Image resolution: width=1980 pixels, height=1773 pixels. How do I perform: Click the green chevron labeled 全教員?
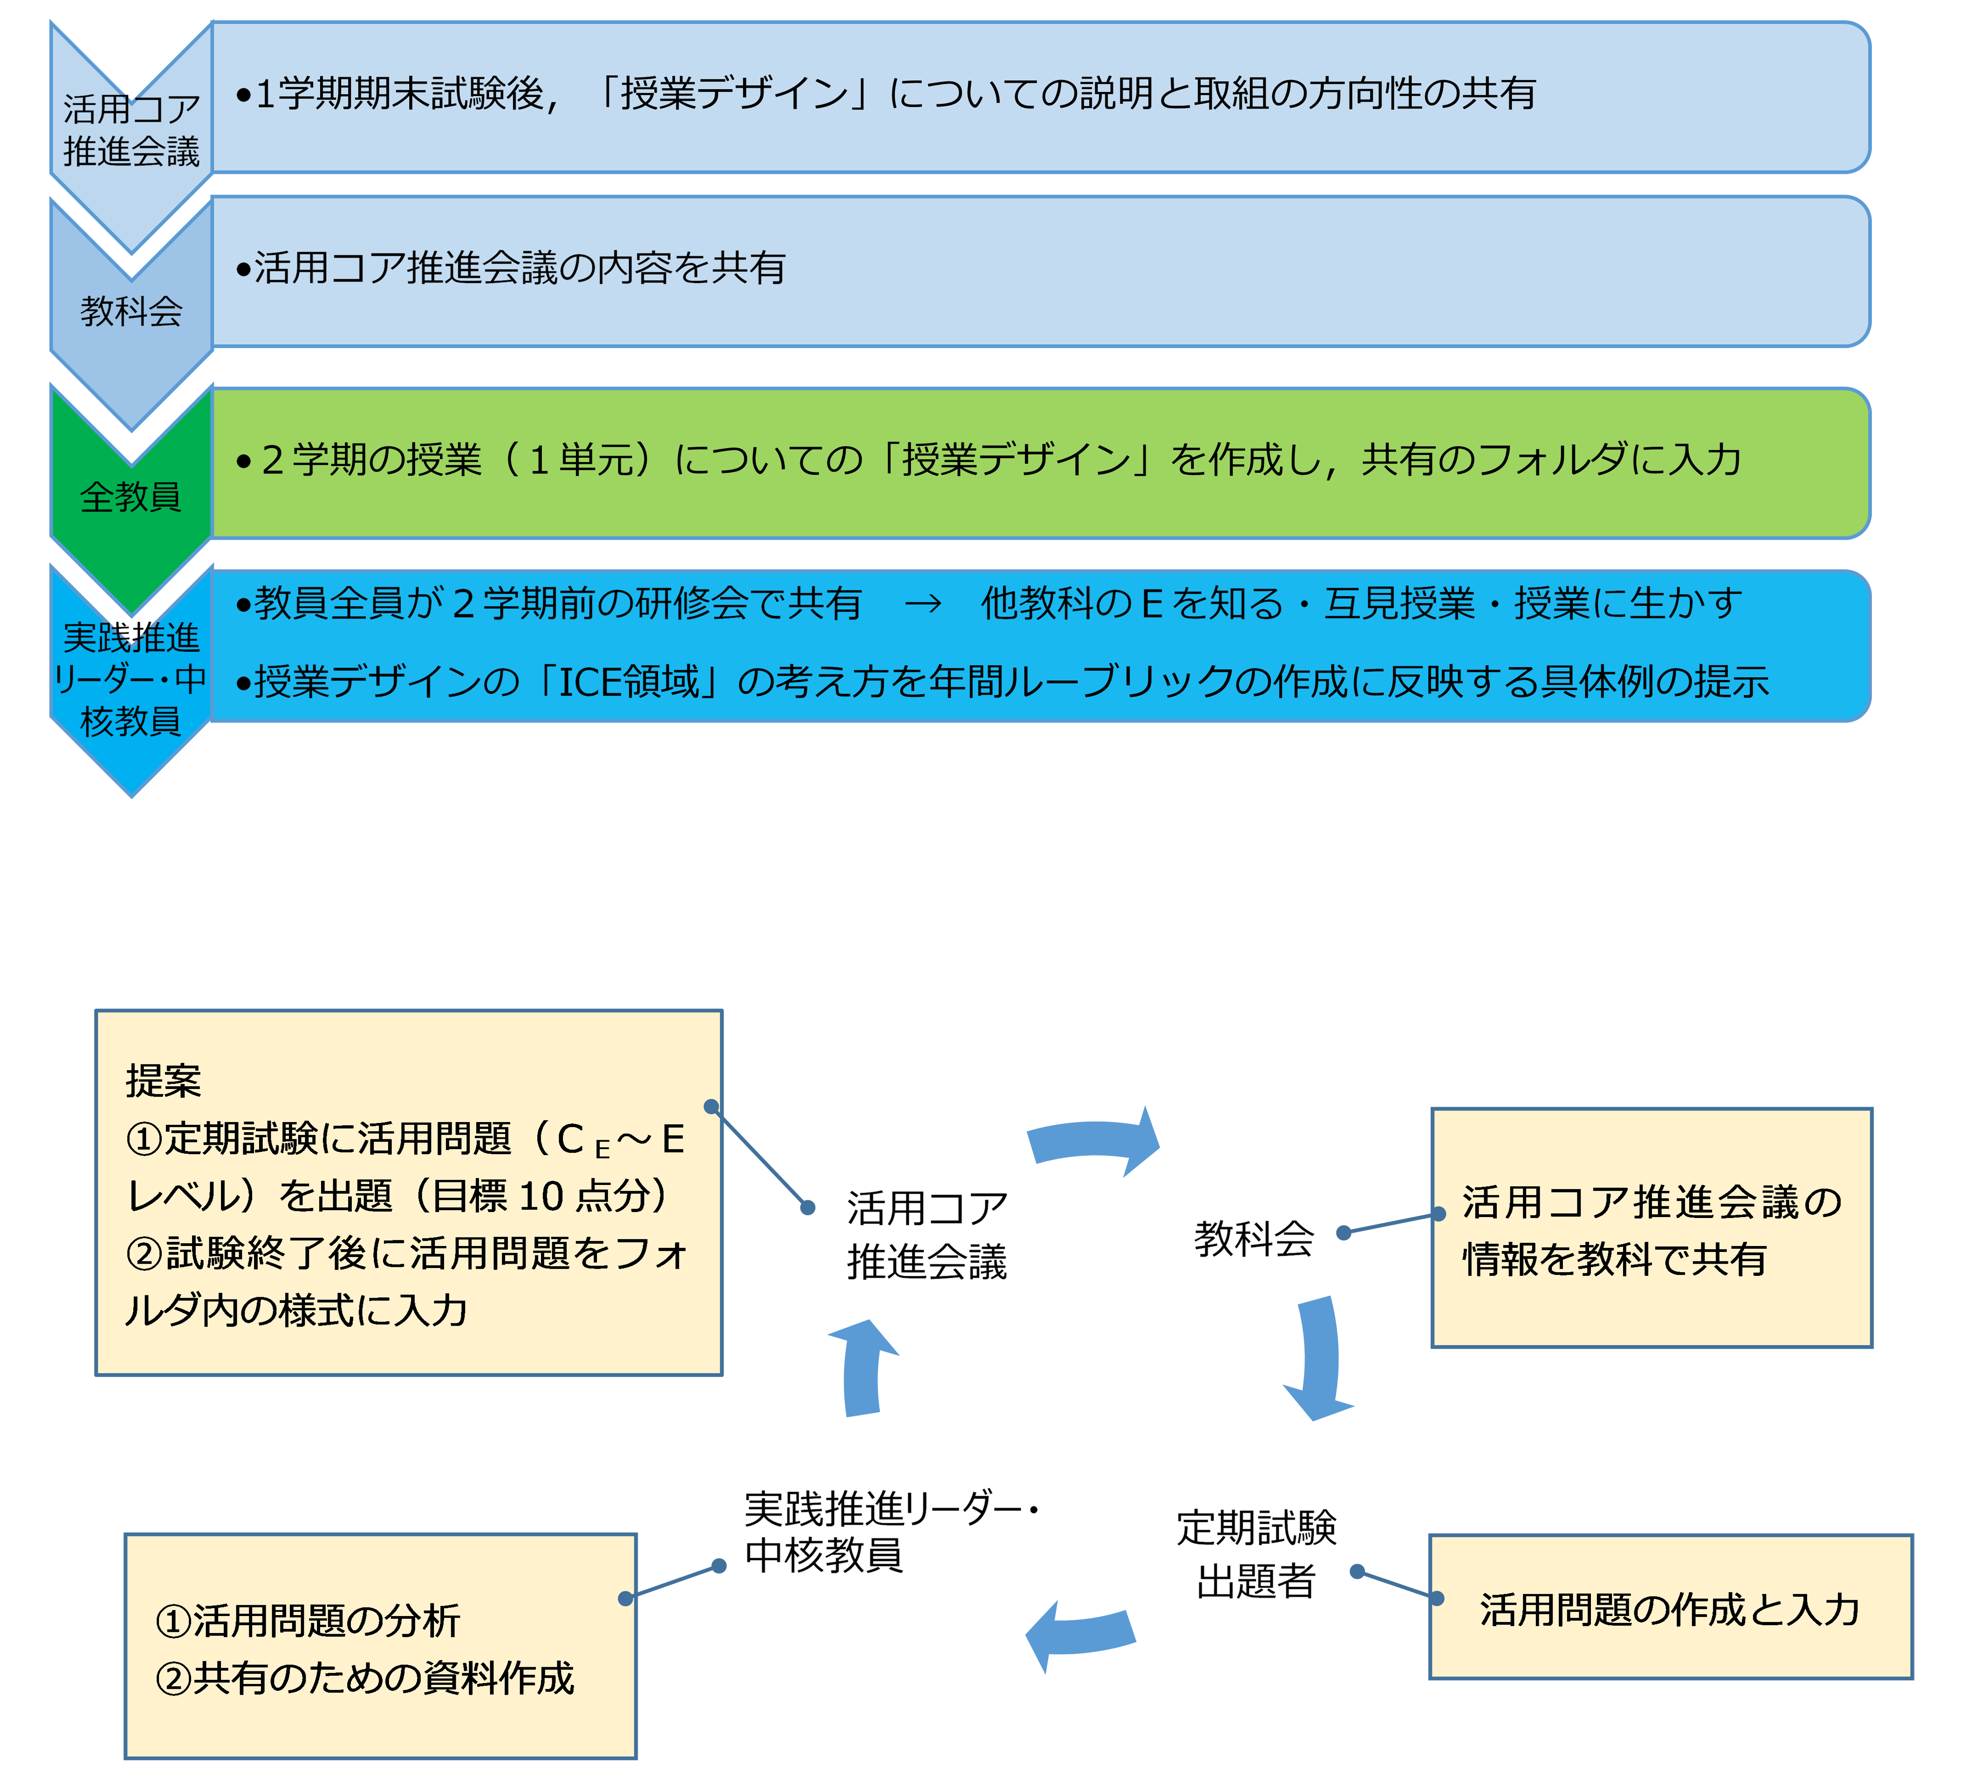(x=130, y=497)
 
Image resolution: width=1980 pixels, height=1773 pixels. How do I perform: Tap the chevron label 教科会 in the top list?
(x=130, y=312)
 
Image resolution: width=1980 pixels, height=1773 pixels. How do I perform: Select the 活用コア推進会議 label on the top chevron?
(x=130, y=130)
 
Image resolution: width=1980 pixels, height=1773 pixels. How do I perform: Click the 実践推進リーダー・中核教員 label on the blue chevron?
(x=130, y=679)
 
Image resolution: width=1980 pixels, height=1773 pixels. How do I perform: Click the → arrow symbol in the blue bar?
(x=922, y=604)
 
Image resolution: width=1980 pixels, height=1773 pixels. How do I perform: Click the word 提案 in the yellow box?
(x=163, y=1081)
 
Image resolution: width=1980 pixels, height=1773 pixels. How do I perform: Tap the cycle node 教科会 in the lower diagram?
(x=1254, y=1238)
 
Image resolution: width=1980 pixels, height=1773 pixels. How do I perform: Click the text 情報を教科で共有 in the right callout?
(x=1615, y=1260)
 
